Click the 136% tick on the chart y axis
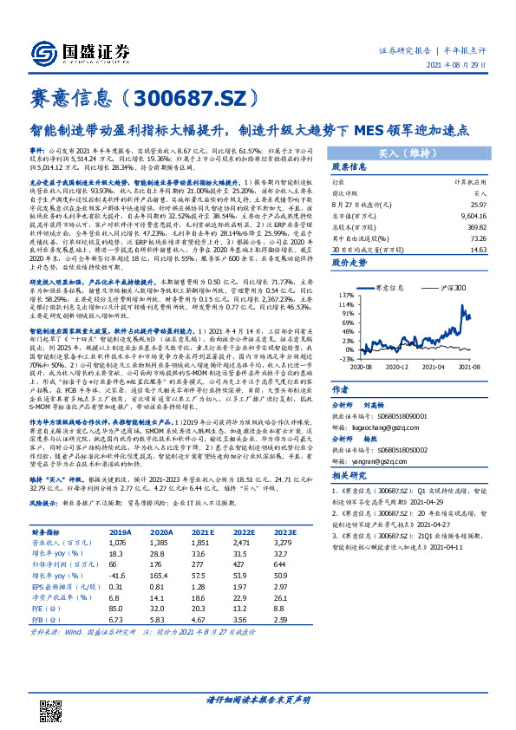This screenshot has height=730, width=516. pos(347,296)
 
